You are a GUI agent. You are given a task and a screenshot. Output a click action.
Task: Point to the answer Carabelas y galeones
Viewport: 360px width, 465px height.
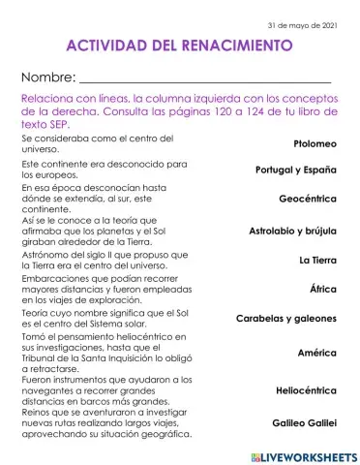click(x=285, y=318)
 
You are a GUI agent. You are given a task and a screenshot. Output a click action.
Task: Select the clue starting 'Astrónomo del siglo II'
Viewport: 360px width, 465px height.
click(x=110, y=260)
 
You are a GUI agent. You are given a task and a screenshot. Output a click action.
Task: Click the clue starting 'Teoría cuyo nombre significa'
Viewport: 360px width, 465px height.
click(x=110, y=318)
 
